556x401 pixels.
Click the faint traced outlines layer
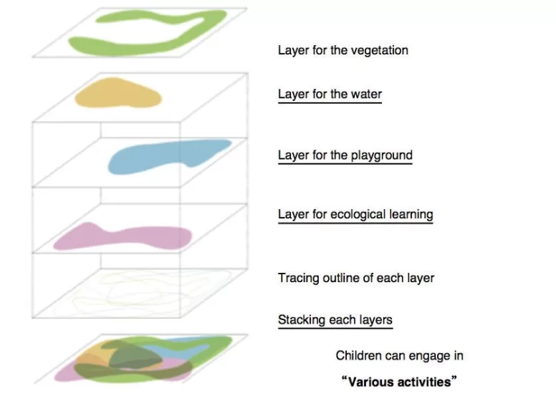point(140,294)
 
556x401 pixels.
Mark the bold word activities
point(421,381)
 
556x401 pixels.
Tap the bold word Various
point(369,381)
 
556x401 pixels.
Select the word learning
point(409,214)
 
